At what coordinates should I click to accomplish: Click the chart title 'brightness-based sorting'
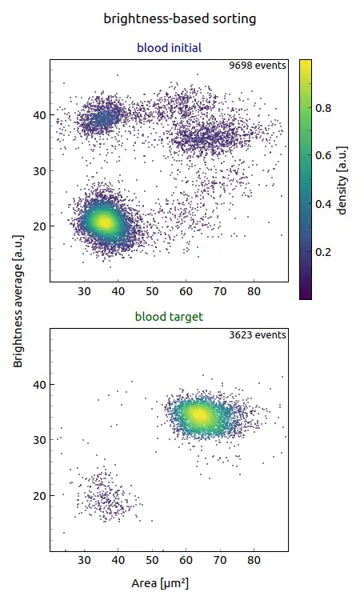tap(180, 18)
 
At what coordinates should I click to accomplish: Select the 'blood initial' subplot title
tap(168, 48)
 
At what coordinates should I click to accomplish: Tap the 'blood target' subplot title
tap(168, 317)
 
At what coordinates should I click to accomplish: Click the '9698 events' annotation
tap(258, 66)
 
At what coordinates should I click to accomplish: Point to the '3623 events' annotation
tap(258, 334)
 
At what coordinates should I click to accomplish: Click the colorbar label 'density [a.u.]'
tap(342, 178)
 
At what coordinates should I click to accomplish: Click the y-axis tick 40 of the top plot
tap(38, 115)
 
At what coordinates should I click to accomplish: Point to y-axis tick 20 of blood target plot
tap(38, 496)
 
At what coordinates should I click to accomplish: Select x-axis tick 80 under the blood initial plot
tap(254, 293)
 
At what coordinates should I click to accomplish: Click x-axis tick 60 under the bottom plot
tap(186, 562)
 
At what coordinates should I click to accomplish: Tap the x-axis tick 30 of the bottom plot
tap(85, 562)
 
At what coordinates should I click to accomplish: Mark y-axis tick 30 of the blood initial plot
tap(38, 171)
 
